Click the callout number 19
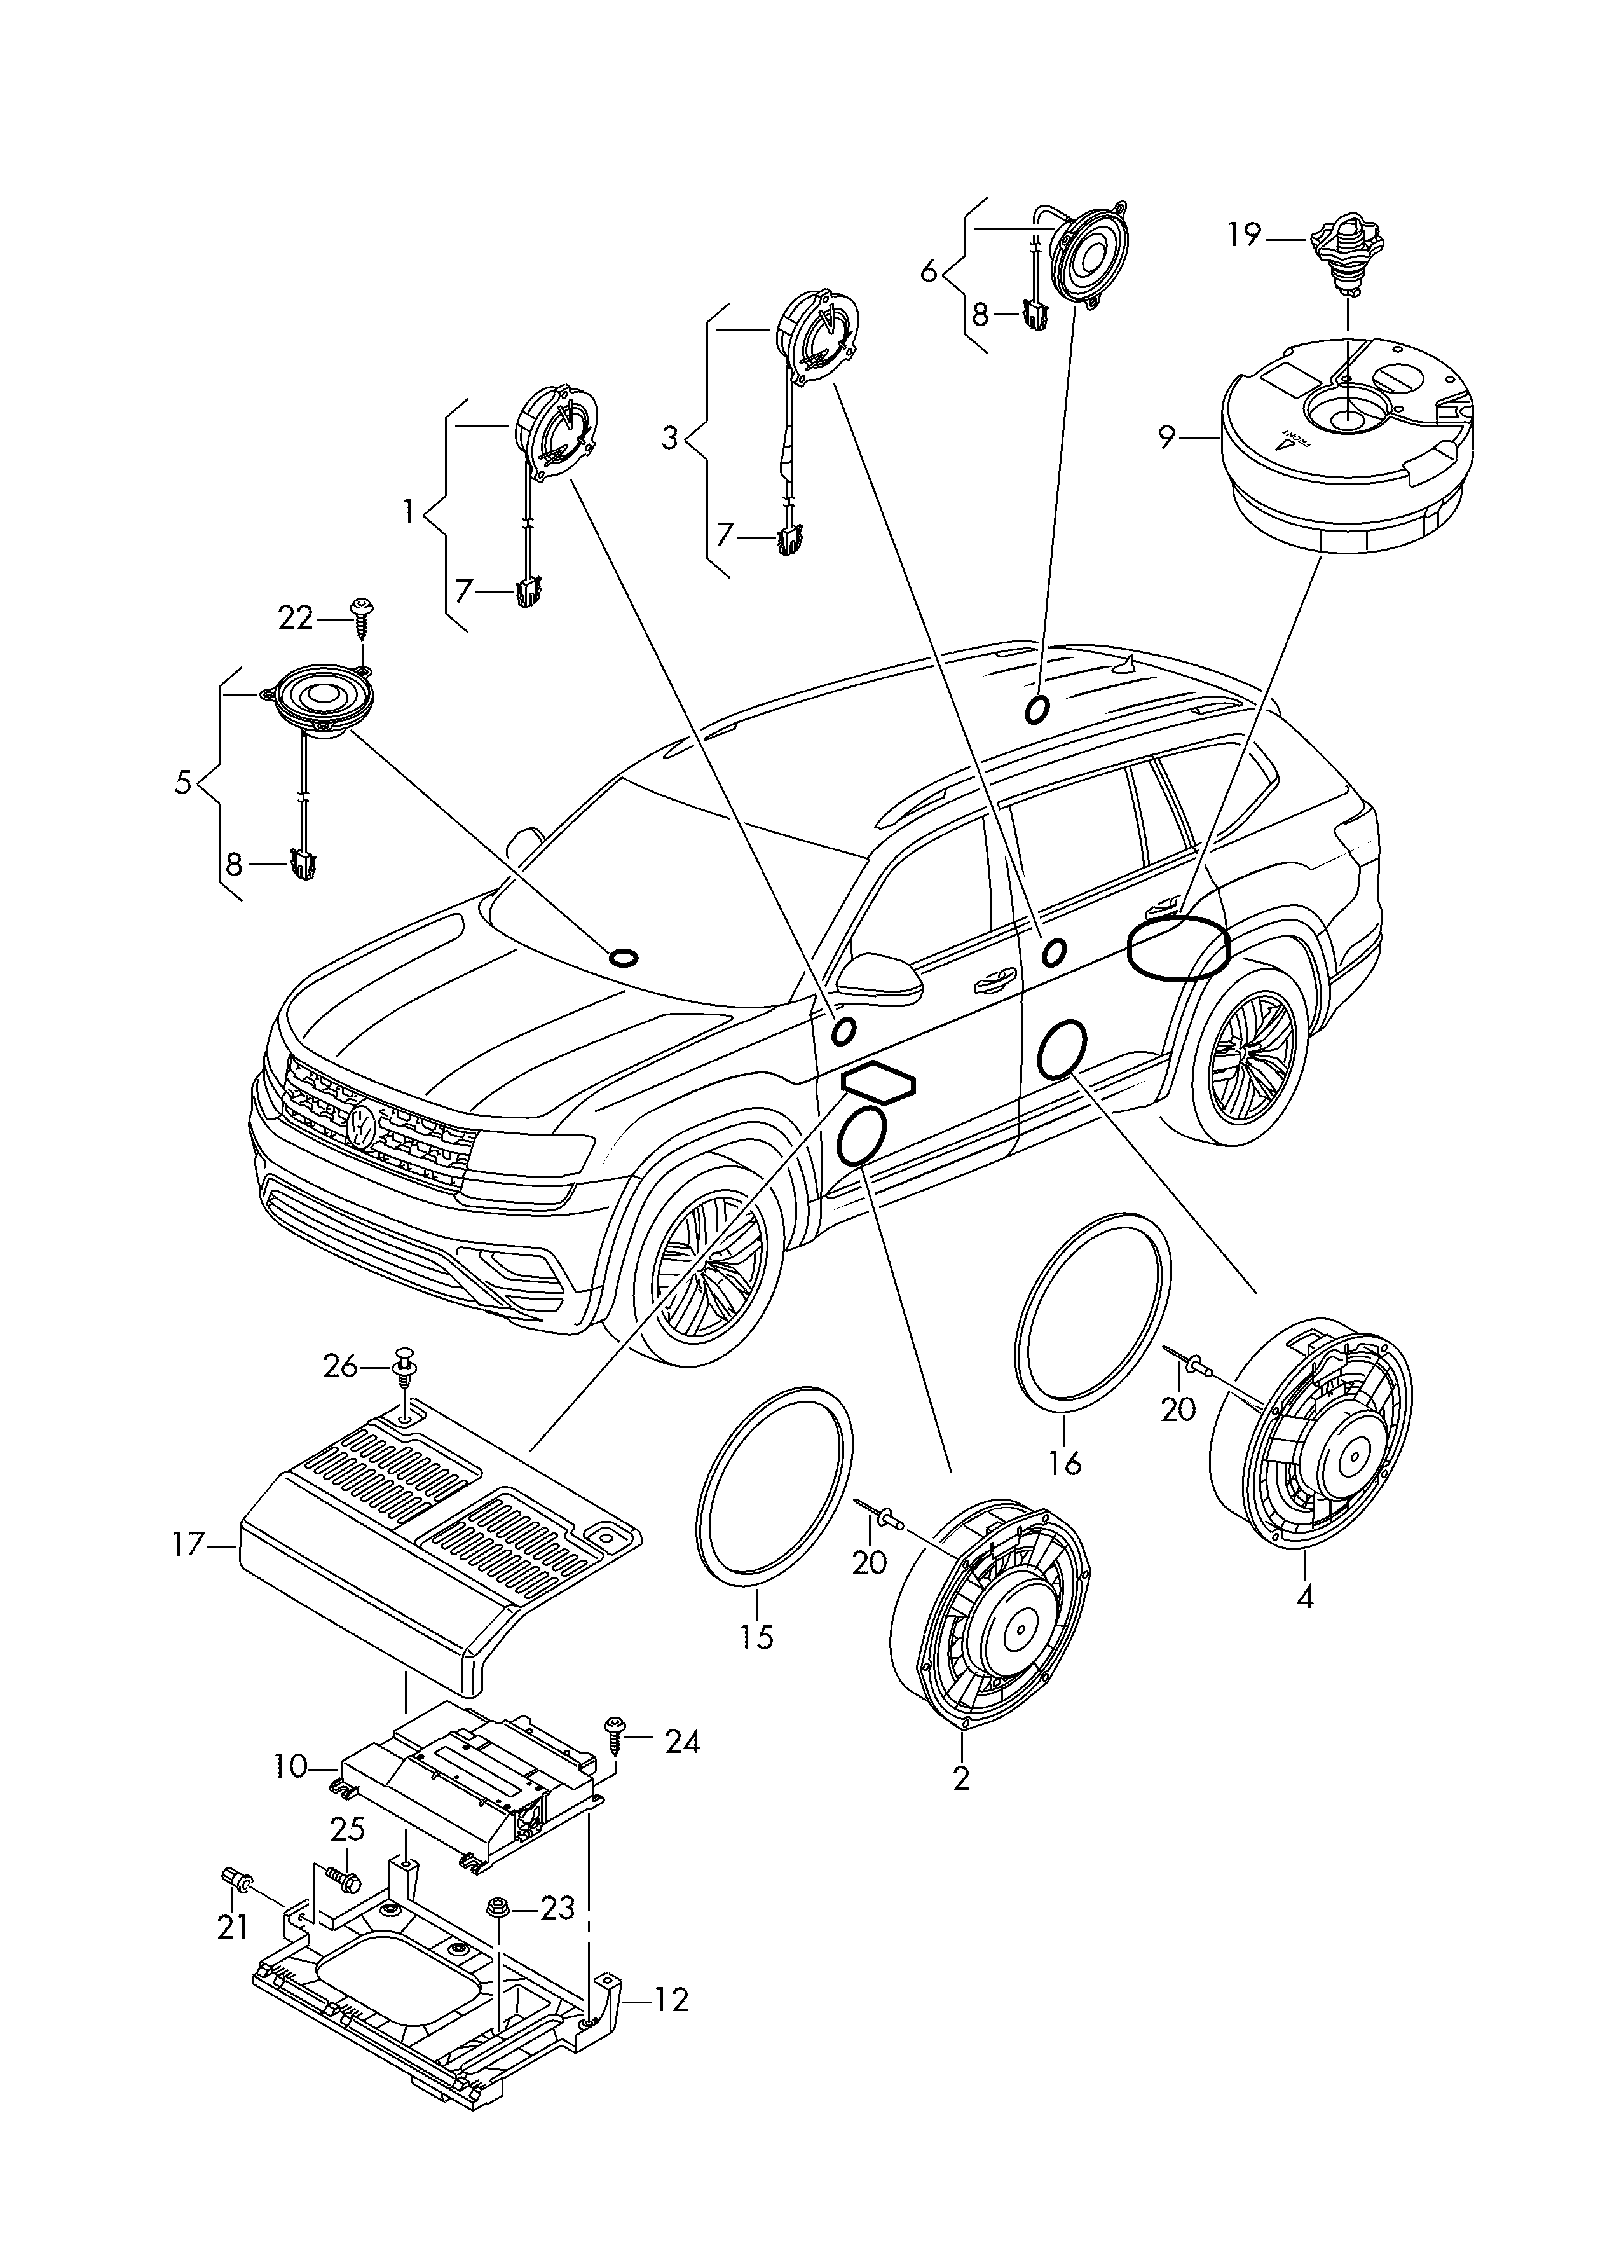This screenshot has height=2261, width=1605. [x=1245, y=235]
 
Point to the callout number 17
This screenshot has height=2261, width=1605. [x=188, y=1544]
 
